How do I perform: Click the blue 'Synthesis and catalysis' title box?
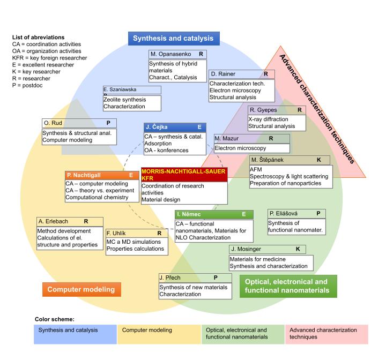[x=173, y=39]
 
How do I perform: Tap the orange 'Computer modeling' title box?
[x=81, y=289]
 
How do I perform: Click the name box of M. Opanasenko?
[x=177, y=54]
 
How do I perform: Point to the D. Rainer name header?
[x=241, y=73]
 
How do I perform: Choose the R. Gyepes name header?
[x=276, y=110]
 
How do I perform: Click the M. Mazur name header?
[x=252, y=138]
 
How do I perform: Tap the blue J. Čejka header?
[x=174, y=127]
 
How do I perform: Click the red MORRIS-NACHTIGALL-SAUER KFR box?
[x=184, y=174]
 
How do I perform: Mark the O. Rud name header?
[x=79, y=123]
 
